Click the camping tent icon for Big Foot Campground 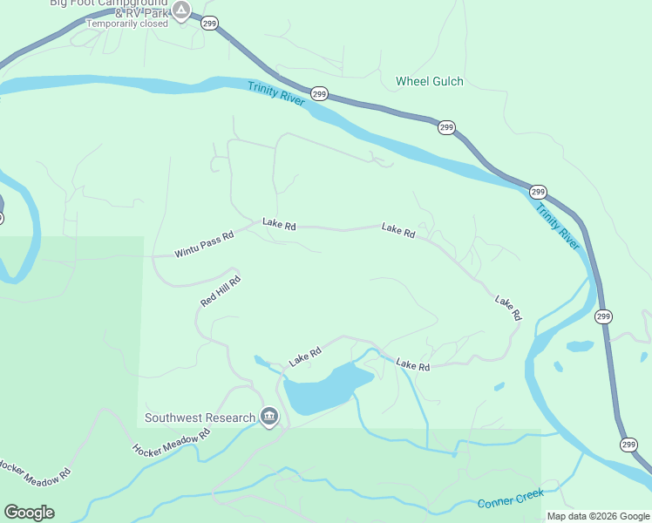pyautogui.click(x=180, y=11)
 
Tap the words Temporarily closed pyautogui.click(x=126, y=24)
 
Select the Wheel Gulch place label pyautogui.click(x=429, y=81)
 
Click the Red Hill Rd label pyautogui.click(x=220, y=291)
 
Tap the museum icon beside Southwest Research pyautogui.click(x=268, y=418)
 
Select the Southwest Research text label pyautogui.click(x=200, y=418)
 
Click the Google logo pyautogui.click(x=29, y=512)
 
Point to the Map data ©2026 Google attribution pyautogui.click(x=598, y=516)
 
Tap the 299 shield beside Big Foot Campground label pyautogui.click(x=209, y=24)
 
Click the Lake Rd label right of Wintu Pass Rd pyautogui.click(x=279, y=226)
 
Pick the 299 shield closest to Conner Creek pyautogui.click(x=628, y=445)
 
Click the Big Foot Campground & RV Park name pyautogui.click(x=110, y=4)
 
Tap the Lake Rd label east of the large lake pyautogui.click(x=412, y=365)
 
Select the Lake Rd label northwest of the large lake pyautogui.click(x=305, y=357)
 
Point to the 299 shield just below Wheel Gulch pyautogui.click(x=446, y=127)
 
